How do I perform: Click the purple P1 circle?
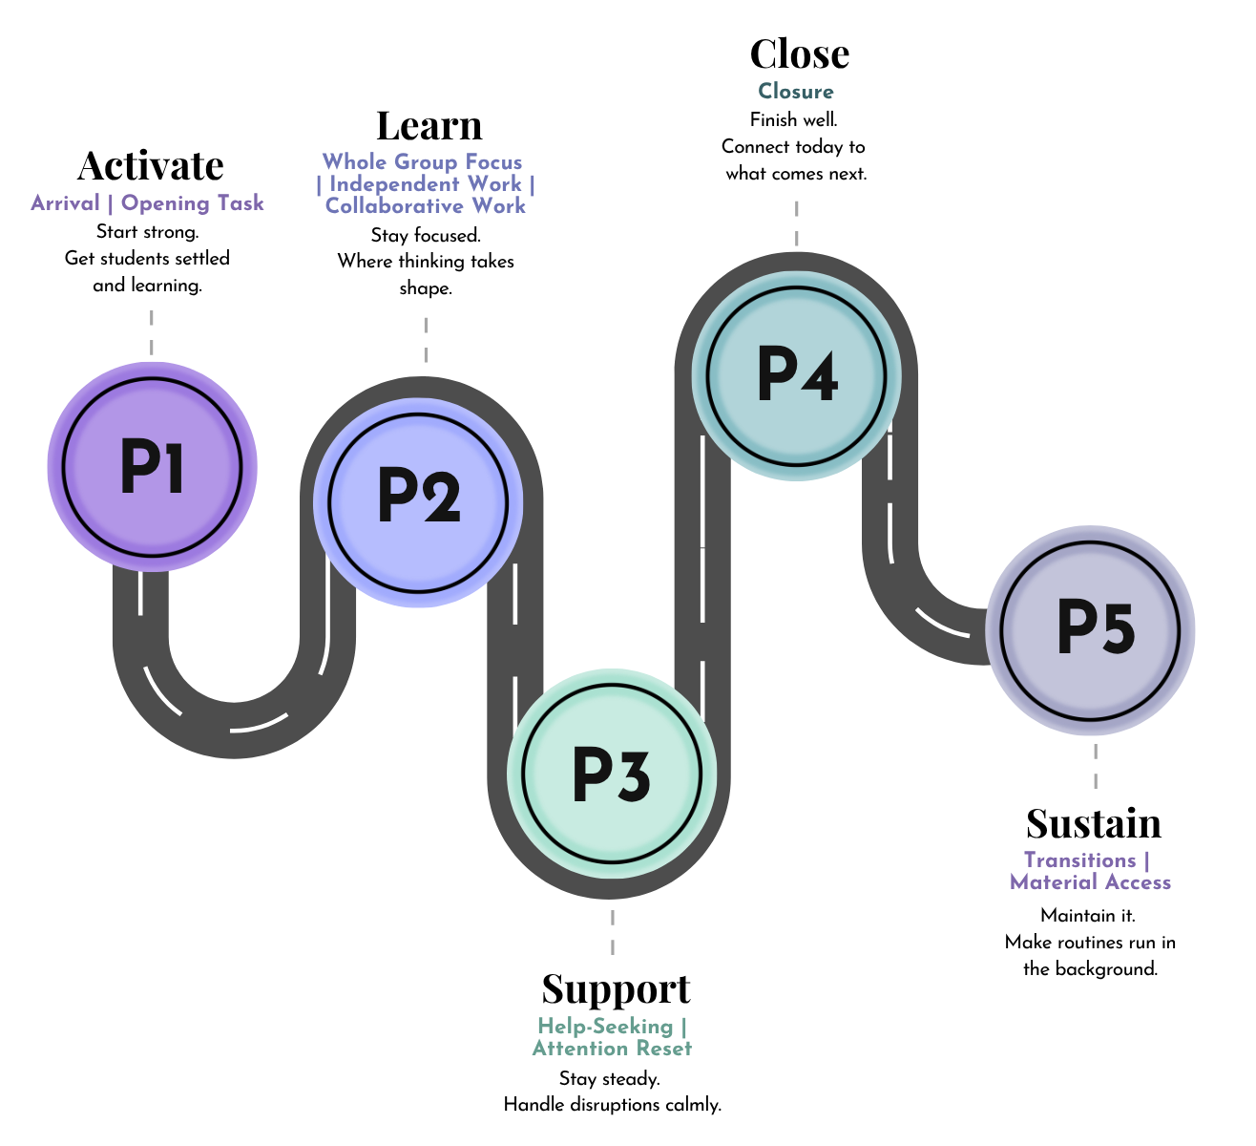click(152, 467)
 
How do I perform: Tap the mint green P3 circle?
click(612, 774)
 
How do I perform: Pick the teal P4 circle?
click(797, 376)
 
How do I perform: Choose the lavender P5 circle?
click(1091, 630)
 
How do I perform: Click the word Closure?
click(796, 92)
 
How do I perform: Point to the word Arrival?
click(65, 203)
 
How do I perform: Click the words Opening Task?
click(193, 203)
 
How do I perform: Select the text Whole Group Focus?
click(422, 162)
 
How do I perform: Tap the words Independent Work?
click(426, 184)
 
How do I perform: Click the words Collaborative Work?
click(426, 206)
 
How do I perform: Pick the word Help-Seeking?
click(605, 1027)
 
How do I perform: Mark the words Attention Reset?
click(612, 1049)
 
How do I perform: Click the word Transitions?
click(1079, 860)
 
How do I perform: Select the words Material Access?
click(1091, 882)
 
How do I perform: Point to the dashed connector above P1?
click(152, 332)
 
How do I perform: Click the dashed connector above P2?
click(426, 340)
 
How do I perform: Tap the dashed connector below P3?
click(613, 932)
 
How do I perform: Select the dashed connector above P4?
click(797, 223)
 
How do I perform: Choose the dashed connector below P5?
click(1096, 766)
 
